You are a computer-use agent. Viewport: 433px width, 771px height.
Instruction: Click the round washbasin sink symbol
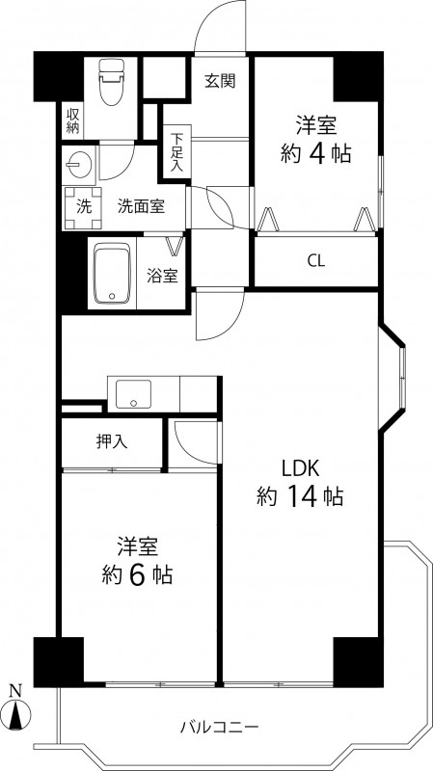point(77,164)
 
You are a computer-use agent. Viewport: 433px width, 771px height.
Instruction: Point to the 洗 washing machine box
point(82,204)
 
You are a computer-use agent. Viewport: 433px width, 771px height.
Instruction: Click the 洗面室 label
point(140,205)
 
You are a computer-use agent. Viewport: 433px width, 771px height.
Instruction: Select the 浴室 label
point(162,276)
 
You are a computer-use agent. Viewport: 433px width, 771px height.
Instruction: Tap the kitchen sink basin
point(132,393)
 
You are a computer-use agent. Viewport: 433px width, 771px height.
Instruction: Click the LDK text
point(300,468)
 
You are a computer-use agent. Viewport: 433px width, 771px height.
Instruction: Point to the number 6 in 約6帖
point(140,575)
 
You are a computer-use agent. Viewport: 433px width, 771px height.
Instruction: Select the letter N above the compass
point(15,690)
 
